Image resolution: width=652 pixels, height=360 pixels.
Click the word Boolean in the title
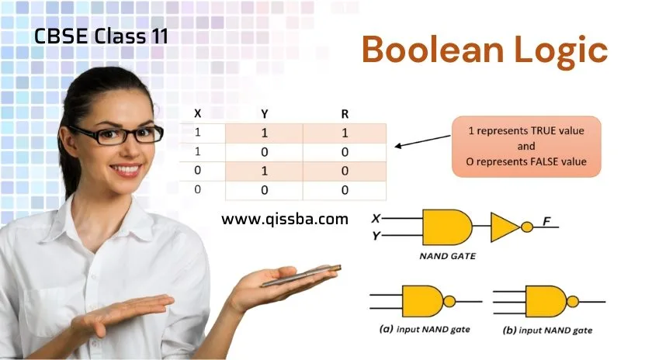pyautogui.click(x=432, y=50)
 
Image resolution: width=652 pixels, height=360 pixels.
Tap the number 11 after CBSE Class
pyautogui.click(x=159, y=36)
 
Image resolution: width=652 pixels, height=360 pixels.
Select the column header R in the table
pyautogui.click(x=345, y=114)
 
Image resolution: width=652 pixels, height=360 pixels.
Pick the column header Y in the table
pyautogui.click(x=265, y=114)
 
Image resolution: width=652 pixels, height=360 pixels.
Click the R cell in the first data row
pyautogui.click(x=345, y=133)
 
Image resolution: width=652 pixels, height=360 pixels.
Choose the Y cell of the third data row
pyautogui.click(x=264, y=171)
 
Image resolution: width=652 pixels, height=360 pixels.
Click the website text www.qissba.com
pyautogui.click(x=285, y=219)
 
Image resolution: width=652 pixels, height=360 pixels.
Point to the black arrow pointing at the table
pyautogui.click(x=422, y=141)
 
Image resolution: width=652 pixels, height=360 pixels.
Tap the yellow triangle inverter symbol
pyautogui.click(x=505, y=227)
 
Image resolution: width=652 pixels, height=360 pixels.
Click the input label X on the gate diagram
pyautogui.click(x=376, y=218)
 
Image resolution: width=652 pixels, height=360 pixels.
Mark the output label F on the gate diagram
pyautogui.click(x=546, y=221)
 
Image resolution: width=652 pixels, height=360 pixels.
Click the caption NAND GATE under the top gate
pyautogui.click(x=447, y=256)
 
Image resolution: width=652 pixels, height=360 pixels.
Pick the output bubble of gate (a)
pyautogui.click(x=449, y=301)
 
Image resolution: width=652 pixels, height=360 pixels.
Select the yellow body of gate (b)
pyautogui.click(x=546, y=301)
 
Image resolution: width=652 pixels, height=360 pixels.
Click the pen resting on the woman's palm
pyautogui.click(x=301, y=275)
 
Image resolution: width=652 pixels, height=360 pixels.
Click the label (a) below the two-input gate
pyautogui.click(x=386, y=329)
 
